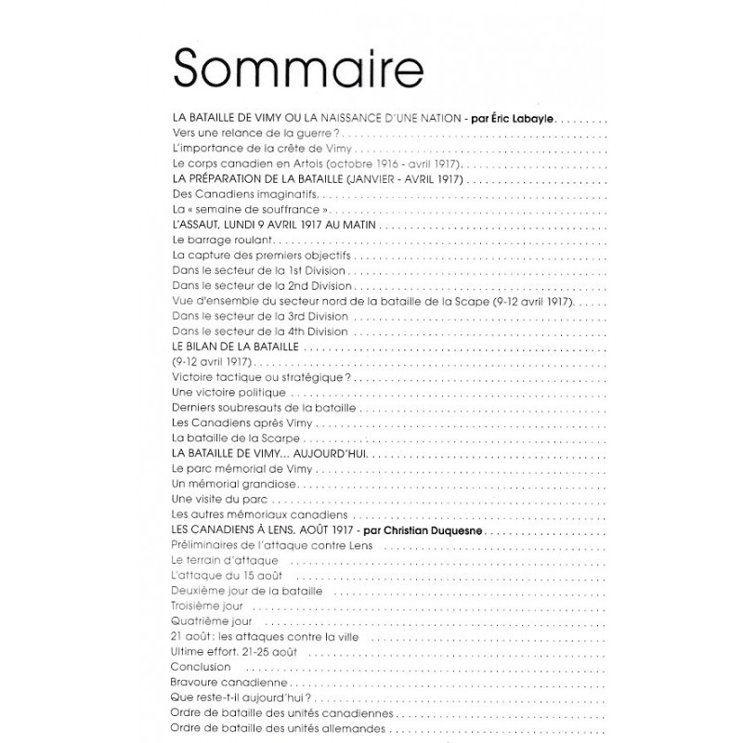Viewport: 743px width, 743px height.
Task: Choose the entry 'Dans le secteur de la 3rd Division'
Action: [261, 316]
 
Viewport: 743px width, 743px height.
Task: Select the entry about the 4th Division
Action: [261, 332]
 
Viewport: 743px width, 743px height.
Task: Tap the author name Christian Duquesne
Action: [419, 529]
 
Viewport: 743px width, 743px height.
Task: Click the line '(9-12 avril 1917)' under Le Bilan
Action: [213, 361]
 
